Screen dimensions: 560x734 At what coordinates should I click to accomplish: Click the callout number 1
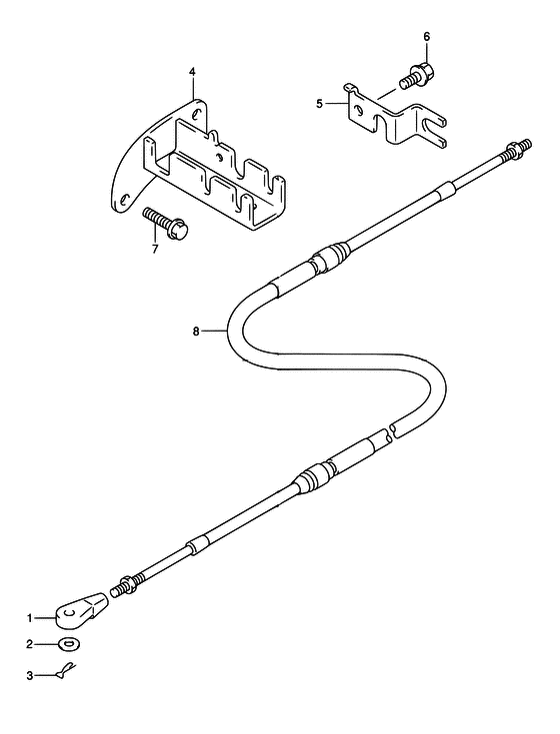pos(30,618)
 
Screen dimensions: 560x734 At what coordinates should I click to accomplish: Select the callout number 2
pos(30,644)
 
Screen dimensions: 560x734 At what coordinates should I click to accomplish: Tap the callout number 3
pos(30,676)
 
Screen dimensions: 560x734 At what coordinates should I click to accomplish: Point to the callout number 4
pos(192,72)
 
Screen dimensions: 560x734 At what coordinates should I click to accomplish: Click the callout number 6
pos(426,37)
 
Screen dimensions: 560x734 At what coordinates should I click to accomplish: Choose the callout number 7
pos(155,248)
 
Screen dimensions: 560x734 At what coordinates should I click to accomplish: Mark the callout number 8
pos(196,332)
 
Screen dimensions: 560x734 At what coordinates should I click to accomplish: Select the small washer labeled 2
pos(69,644)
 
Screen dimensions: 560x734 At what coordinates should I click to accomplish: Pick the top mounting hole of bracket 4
pos(197,114)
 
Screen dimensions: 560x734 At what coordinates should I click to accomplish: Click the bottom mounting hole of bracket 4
pos(124,200)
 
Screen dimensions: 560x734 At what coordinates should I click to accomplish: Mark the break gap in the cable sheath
pos(391,432)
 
